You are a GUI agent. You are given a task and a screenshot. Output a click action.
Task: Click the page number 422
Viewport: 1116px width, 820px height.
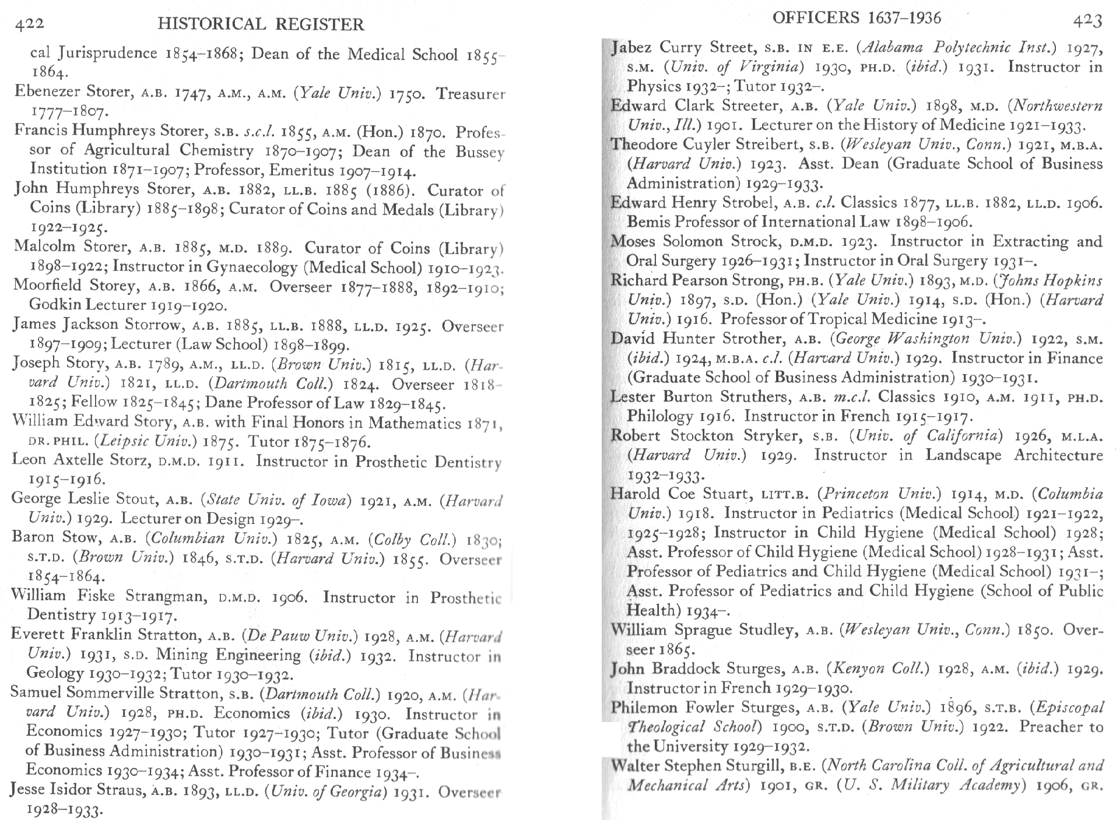29,24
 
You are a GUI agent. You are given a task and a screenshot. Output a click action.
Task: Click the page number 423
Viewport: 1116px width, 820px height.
1087,22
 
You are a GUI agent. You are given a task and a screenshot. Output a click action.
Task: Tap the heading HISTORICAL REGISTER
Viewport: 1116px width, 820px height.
261,24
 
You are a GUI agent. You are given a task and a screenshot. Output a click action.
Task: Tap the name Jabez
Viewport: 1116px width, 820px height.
632,47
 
